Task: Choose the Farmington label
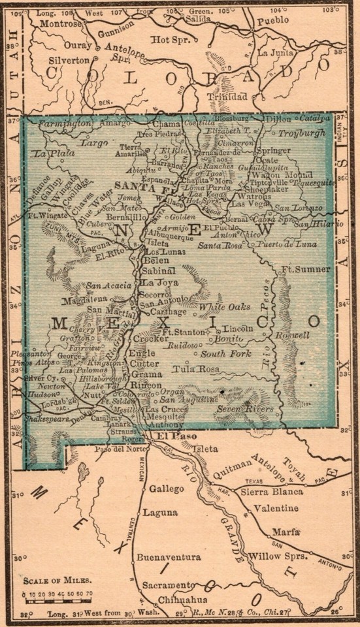pyautogui.click(x=64, y=123)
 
